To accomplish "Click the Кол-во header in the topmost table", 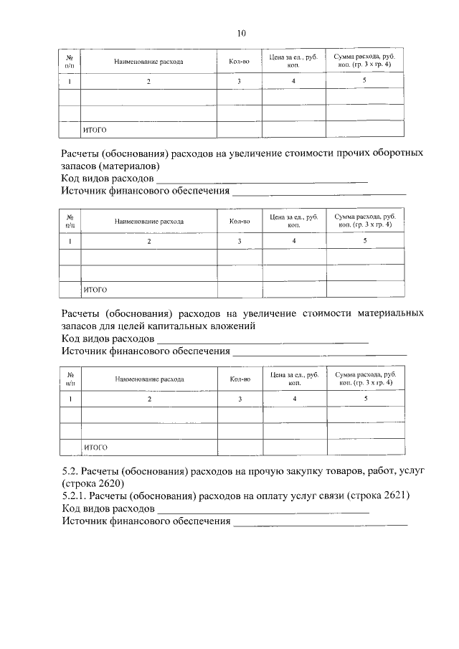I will point(240,62).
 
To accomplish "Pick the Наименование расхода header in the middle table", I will point(148,222).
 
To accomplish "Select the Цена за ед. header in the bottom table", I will point(294,378).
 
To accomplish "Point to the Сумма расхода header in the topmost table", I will point(364,60).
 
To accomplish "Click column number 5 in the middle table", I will point(364,240).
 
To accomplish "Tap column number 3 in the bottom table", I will point(240,399).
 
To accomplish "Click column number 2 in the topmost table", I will point(149,82).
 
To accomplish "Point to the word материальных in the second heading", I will point(387,313).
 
